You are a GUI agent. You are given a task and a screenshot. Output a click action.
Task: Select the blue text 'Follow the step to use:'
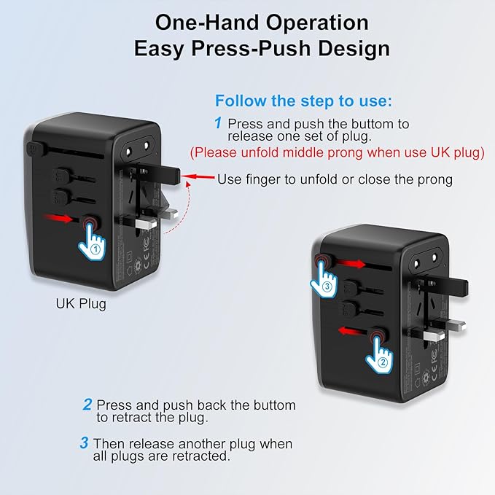click(x=303, y=101)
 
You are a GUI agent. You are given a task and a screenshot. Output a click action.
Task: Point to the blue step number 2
click(x=87, y=404)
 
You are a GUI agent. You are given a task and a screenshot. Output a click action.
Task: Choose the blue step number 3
click(x=85, y=443)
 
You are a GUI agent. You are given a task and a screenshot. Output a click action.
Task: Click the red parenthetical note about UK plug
click(x=338, y=153)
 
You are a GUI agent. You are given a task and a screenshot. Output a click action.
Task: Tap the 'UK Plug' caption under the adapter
click(x=81, y=303)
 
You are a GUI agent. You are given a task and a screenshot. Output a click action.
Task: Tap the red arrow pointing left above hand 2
click(x=351, y=330)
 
